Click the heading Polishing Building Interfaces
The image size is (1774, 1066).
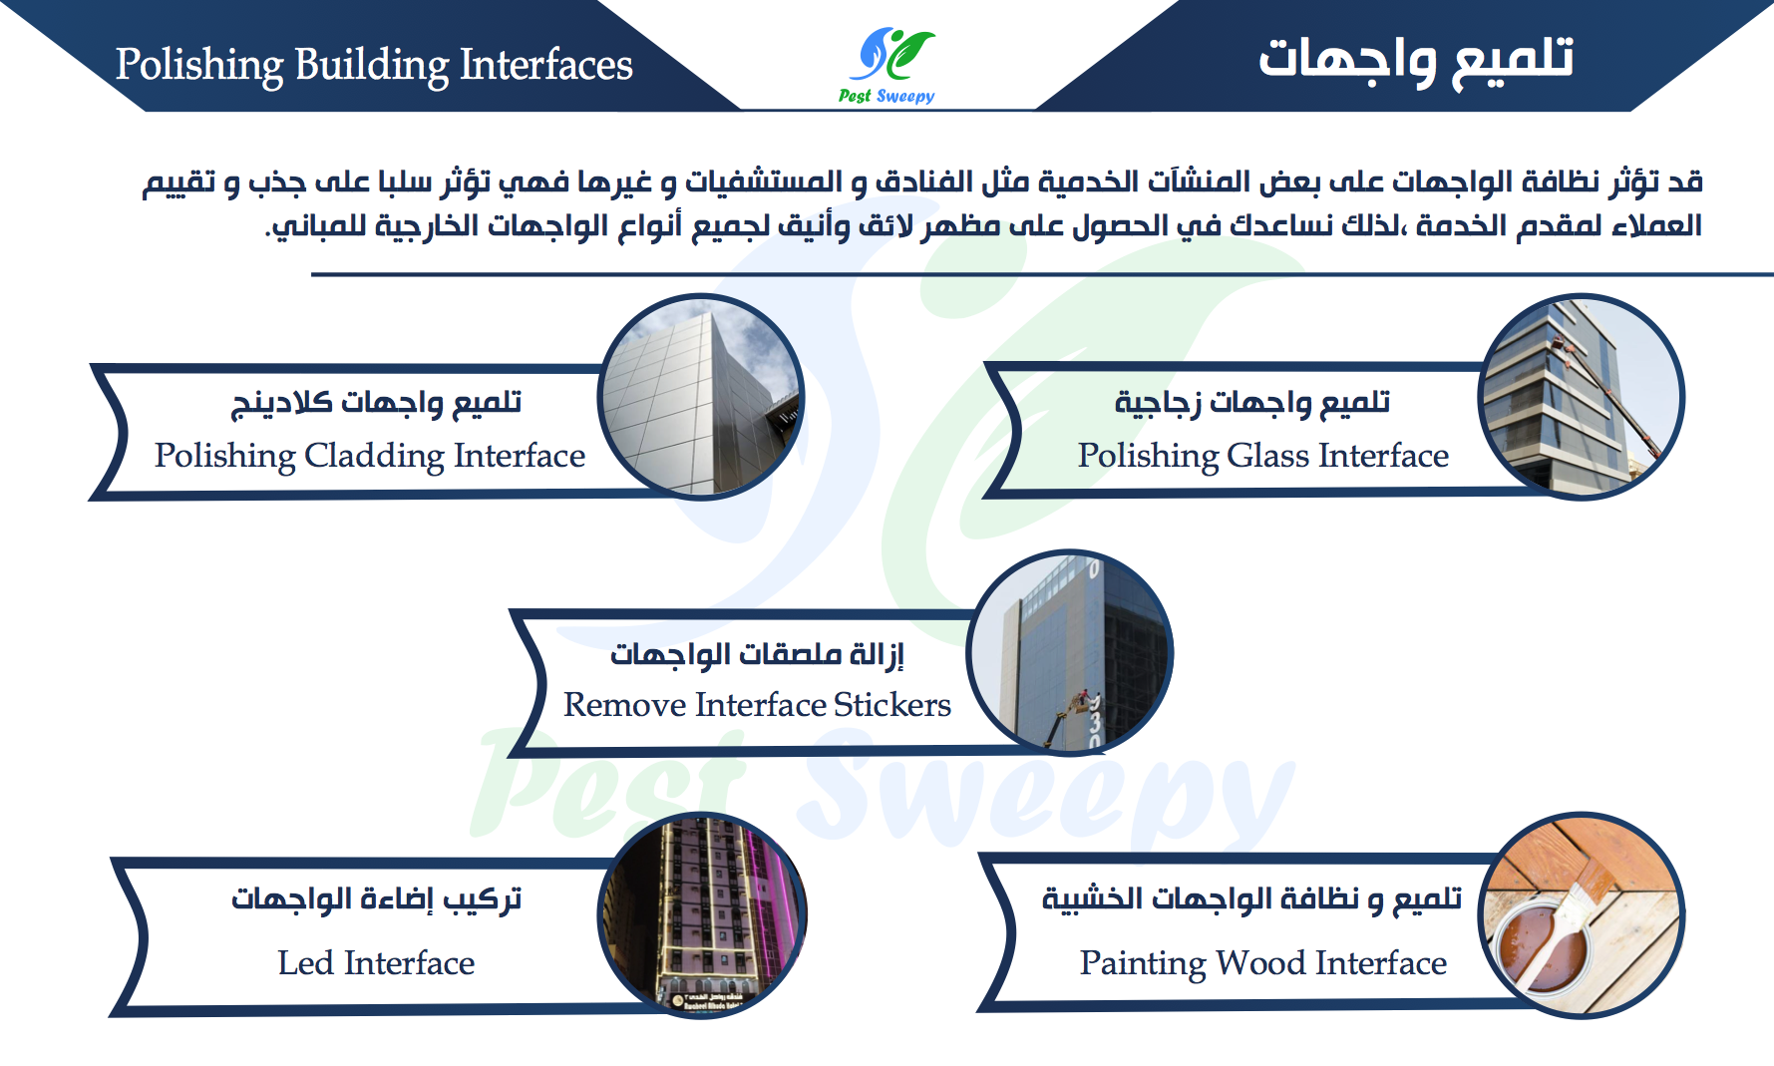(x=374, y=66)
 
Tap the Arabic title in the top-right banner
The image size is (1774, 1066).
(x=1416, y=59)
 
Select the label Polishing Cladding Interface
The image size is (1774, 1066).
(x=370, y=456)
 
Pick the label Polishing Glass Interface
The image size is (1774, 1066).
(x=1263, y=456)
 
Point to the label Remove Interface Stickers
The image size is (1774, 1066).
(x=757, y=705)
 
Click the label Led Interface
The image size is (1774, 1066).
(x=376, y=963)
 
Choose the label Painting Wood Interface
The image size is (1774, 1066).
(x=1263, y=963)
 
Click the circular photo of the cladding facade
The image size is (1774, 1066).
(x=701, y=397)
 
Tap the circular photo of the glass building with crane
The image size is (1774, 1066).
(x=1582, y=397)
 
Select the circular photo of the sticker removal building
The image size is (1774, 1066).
(x=1069, y=653)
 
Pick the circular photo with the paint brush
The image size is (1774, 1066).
(x=1582, y=915)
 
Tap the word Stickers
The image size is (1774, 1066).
(x=892, y=705)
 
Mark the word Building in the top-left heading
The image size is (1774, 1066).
(x=372, y=66)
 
